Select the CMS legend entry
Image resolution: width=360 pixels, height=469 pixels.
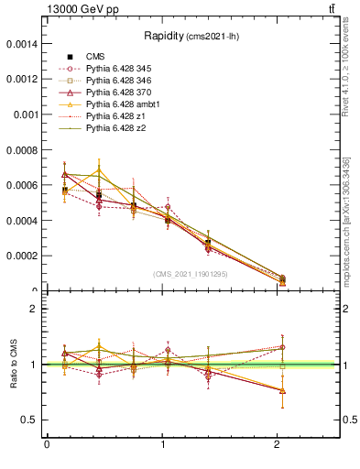95,57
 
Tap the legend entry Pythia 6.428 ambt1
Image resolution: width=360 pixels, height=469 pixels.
127,104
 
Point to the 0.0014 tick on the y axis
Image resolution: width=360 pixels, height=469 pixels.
23,43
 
